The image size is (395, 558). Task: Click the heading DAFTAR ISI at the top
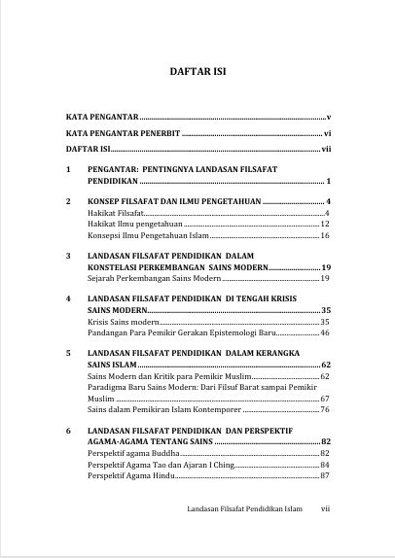coord(197,72)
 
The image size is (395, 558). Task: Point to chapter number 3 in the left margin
coord(67,256)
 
